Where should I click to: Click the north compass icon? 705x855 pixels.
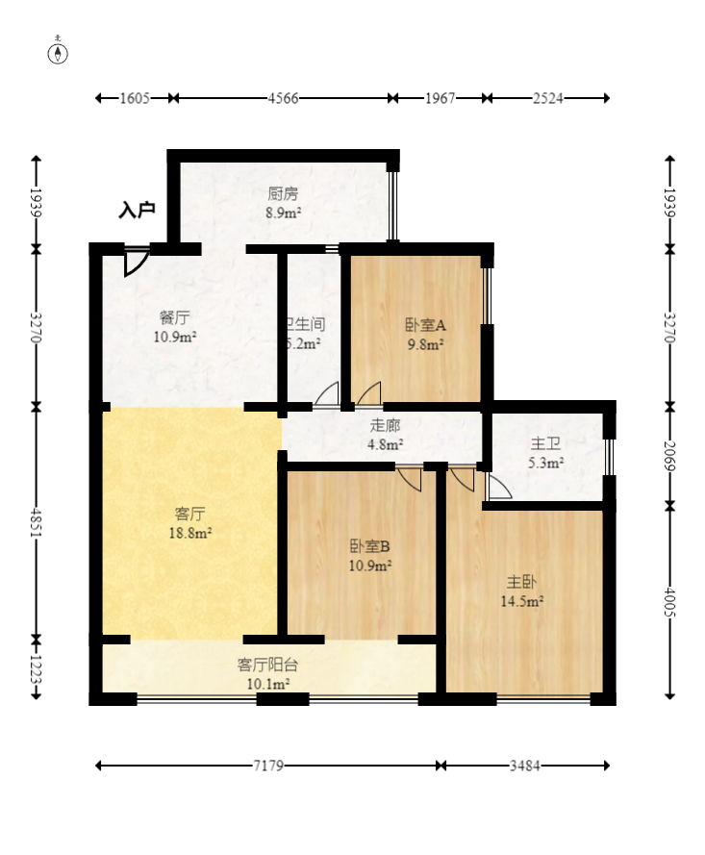pyautogui.click(x=59, y=52)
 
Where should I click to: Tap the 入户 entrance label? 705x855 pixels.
pyautogui.click(x=137, y=210)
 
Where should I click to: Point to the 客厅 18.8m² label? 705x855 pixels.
pyautogui.click(x=189, y=522)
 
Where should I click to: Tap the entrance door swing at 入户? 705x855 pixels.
pyautogui.click(x=136, y=262)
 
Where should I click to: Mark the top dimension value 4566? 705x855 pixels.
pyautogui.click(x=283, y=98)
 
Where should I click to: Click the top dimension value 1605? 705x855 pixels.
pyautogui.click(x=135, y=98)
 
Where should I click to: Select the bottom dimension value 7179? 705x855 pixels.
pyautogui.click(x=268, y=766)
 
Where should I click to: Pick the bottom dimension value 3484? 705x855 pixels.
pyautogui.click(x=524, y=766)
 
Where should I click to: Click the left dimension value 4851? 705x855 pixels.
pyautogui.click(x=37, y=522)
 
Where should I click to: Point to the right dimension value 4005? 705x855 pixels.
pyautogui.click(x=669, y=601)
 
